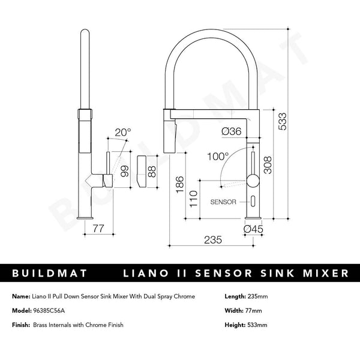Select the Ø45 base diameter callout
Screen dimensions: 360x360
click(x=254, y=228)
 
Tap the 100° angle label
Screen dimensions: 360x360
click(x=218, y=157)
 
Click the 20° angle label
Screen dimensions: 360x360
click(x=122, y=132)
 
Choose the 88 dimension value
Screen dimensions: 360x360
click(x=152, y=171)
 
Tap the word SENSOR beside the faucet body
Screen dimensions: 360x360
click(x=223, y=202)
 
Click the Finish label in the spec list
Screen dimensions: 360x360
click(x=21, y=325)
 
